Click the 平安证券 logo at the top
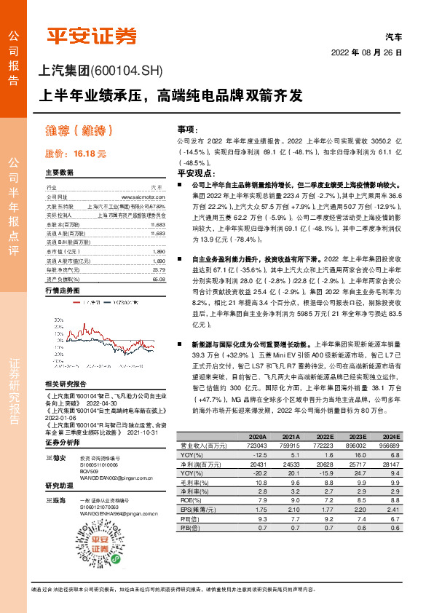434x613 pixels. pos(92,36)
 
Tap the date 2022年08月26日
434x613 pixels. pos(366,52)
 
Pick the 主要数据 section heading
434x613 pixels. pos(59,173)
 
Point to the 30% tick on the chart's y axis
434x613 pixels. pos(56,319)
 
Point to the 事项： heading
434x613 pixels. pos(189,127)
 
